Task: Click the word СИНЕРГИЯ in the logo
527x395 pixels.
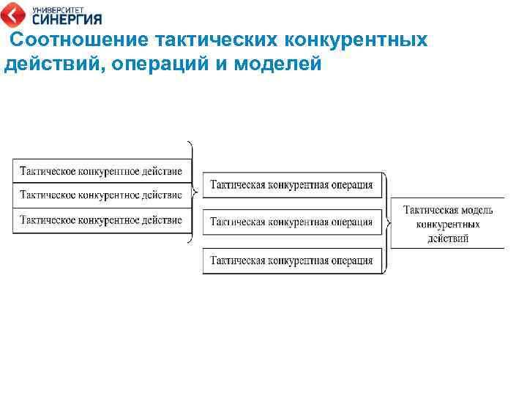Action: [67, 19]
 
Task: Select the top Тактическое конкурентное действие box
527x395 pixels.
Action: [102, 171]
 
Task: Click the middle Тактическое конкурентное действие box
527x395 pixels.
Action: [102, 195]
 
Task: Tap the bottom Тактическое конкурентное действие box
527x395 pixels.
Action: [102, 220]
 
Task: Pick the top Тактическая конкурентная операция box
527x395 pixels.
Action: [292, 185]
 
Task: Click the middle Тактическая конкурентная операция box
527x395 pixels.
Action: [292, 222]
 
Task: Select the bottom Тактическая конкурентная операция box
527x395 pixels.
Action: [292, 260]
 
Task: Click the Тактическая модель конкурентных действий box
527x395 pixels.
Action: [447, 223]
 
